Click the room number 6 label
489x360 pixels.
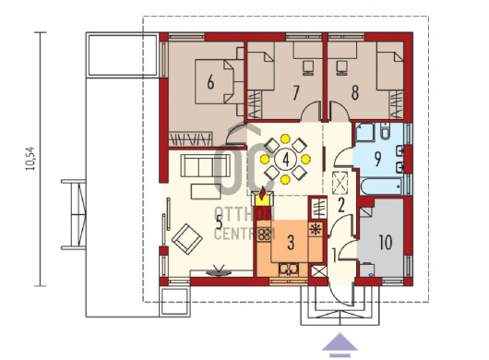coord(210,83)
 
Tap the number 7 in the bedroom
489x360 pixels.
coord(295,92)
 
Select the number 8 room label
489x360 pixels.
coord(355,92)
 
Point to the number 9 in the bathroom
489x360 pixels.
coord(377,159)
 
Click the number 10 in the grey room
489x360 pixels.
coord(386,243)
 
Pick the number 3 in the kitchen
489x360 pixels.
coord(291,243)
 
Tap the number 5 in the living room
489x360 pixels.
coord(220,222)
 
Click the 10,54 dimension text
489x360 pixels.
coord(30,159)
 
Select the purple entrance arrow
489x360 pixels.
coord(340,345)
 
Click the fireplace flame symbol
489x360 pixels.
coord(263,193)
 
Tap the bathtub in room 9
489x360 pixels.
coord(381,186)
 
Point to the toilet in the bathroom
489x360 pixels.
coord(386,130)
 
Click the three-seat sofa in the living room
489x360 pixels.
coord(206,165)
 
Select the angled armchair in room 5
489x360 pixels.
coord(186,239)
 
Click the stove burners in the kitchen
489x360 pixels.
coord(265,234)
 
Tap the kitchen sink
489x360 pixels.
coord(289,269)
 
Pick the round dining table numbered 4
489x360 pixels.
coord(285,160)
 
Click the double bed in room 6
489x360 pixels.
coord(214,82)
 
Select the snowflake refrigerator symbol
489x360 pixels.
coord(316,229)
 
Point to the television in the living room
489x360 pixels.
coord(219,270)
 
